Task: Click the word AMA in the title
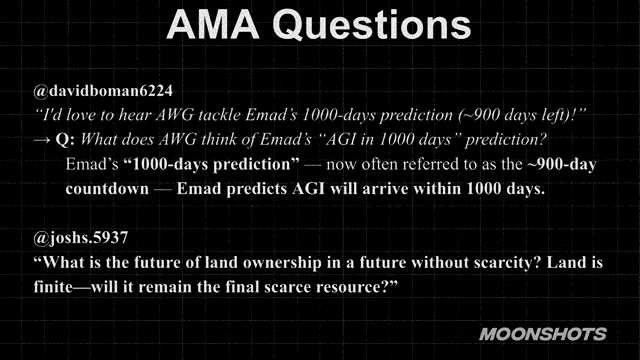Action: pyautogui.click(x=213, y=24)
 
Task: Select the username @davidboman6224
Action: pyautogui.click(x=103, y=91)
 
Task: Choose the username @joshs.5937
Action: pyautogui.click(x=81, y=238)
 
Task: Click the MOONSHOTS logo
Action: pyautogui.click(x=543, y=334)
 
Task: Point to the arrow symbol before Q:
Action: pyautogui.click(x=42, y=140)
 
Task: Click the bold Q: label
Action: pyautogui.click(x=65, y=140)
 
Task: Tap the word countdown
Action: pyautogui.click(x=107, y=189)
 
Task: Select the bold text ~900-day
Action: pyautogui.click(x=562, y=164)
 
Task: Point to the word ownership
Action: pyautogui.click(x=282, y=262)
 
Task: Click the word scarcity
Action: pyautogui.click(x=507, y=262)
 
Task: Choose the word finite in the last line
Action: pyautogui.click(x=53, y=287)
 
